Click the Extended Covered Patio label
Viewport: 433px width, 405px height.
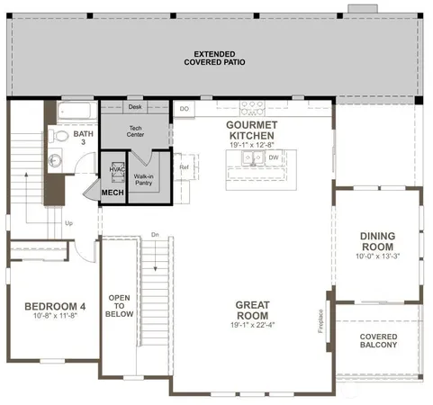215,58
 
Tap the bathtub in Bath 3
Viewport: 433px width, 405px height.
75,112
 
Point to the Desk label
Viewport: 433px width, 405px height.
135,107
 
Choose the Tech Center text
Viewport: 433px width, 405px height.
135,130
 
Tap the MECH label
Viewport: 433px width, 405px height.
113,193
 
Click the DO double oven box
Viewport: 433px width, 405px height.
185,109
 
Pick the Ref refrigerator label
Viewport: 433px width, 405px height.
185,167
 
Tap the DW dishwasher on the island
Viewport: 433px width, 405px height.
273,157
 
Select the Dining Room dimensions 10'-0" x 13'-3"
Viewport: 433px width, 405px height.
378,256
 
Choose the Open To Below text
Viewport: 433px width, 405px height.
121,306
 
